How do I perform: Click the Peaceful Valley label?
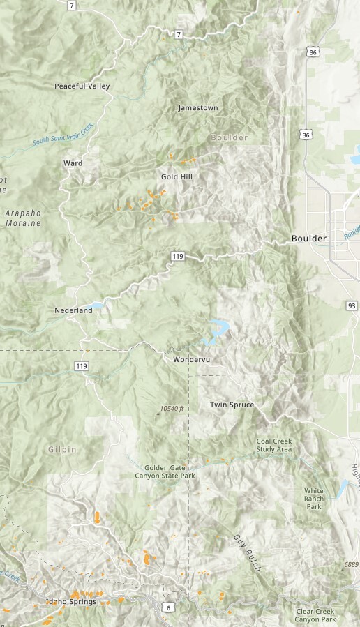pos(82,86)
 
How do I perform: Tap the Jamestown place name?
pos(198,108)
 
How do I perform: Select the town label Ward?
pos(73,163)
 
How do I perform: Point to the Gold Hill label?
pos(177,176)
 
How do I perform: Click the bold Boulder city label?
pos(308,239)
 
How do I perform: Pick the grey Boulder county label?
pos(229,138)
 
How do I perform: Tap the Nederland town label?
pos(73,310)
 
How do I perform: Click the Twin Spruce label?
pos(232,405)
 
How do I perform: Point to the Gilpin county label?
pos(63,450)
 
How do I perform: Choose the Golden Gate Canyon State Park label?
pos(165,471)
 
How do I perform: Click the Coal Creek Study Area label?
pos(273,445)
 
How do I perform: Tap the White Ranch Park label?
pos(314,498)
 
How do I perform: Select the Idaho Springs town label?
pos(71,602)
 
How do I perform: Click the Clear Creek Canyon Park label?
pos(315,615)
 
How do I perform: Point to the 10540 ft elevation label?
pos(172,408)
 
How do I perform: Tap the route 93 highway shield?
pos(352,305)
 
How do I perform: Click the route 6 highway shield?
pos(168,608)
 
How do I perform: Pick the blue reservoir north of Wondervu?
pos(217,328)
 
